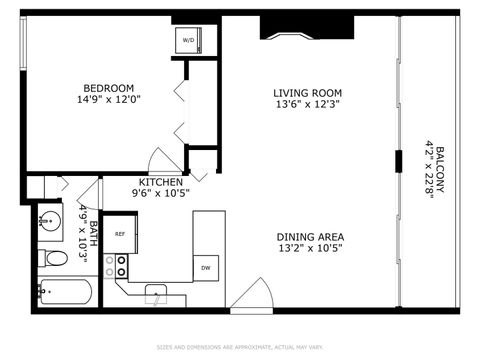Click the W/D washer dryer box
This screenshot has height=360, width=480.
point(188,40)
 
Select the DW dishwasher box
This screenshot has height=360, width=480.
point(205,267)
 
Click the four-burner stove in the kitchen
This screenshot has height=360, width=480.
point(116,265)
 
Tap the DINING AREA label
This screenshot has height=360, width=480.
point(311,236)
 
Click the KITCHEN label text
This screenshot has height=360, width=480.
point(160,182)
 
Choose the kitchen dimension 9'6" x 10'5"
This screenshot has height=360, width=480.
point(160,193)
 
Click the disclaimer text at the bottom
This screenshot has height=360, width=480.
point(240,348)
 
